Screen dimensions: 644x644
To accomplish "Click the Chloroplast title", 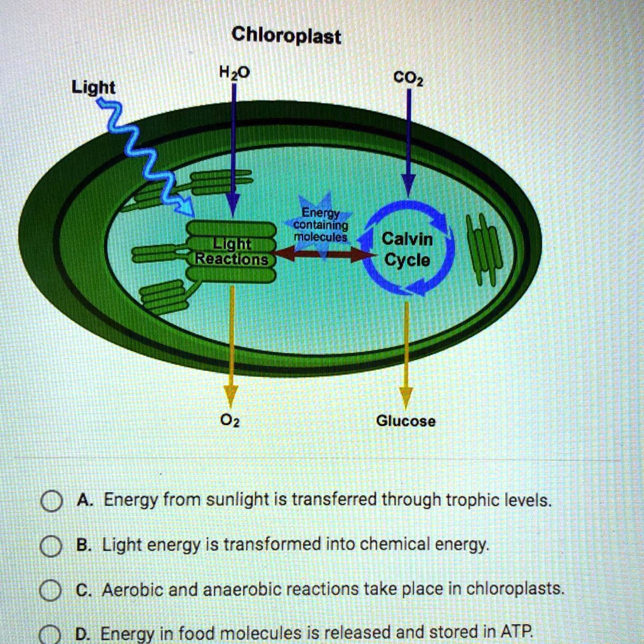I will (286, 35).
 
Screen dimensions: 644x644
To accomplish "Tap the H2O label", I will (233, 74).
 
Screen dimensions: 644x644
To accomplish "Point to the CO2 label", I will (408, 79).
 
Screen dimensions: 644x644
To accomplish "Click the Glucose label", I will (405, 421).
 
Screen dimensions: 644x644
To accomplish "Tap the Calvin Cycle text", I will (408, 250).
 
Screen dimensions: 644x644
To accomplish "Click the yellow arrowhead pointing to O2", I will (231, 395).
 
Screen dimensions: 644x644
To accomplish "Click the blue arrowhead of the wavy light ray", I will (186, 205).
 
